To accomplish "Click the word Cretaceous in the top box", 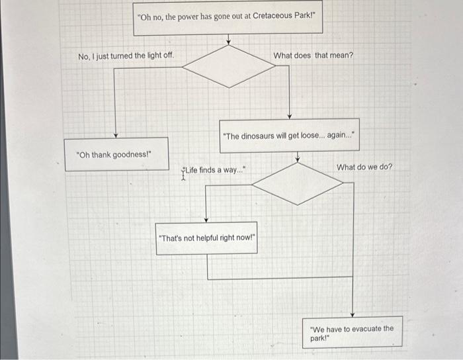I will (x=273, y=16).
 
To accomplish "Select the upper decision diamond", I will (x=228, y=66).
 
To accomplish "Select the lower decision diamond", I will (x=298, y=183).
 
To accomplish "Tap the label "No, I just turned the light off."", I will (x=126, y=56).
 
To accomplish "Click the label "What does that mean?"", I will (x=314, y=56).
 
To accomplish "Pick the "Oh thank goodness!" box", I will (x=116, y=154).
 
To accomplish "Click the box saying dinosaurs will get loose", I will (x=289, y=136).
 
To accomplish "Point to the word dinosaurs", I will (x=263, y=136).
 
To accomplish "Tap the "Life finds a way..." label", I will (x=216, y=171).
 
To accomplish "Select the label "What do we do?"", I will (x=364, y=167).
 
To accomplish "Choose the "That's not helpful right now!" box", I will (x=206, y=238).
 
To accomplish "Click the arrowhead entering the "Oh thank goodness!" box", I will (x=116, y=135).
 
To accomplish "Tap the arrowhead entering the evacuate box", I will (x=353, y=314).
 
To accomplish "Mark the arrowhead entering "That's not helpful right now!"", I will (x=206, y=219).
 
